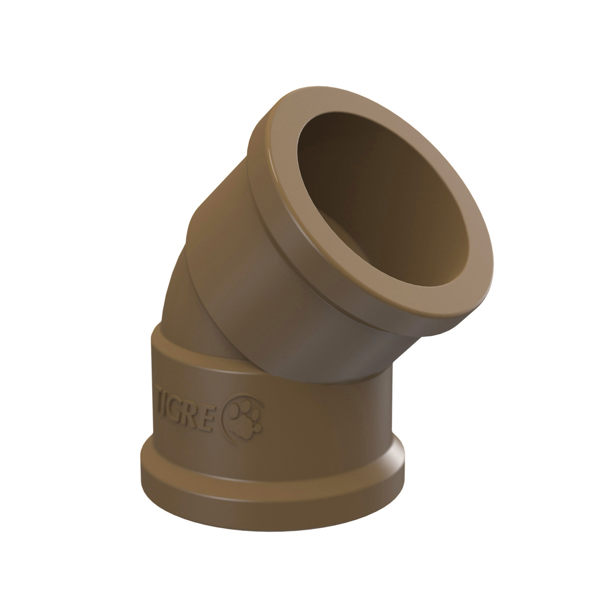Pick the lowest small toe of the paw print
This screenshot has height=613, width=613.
pos(258,428)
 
